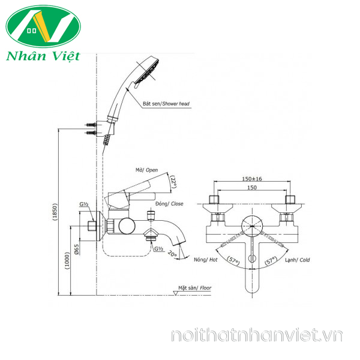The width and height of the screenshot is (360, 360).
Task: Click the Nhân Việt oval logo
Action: tap(43, 26)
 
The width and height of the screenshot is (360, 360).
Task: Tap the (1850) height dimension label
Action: tap(55, 212)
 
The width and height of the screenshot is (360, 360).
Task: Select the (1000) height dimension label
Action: tap(67, 260)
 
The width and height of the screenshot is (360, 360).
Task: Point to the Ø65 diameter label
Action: tap(77, 249)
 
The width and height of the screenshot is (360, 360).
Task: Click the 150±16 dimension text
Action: tap(252, 179)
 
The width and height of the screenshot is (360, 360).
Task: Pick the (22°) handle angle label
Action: tap(173, 182)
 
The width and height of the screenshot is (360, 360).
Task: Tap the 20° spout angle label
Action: tap(172, 254)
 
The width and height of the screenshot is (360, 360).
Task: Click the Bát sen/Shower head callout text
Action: tap(166, 104)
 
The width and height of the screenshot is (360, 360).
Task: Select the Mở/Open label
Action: tap(147, 170)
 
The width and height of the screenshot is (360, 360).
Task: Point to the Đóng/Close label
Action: tap(169, 203)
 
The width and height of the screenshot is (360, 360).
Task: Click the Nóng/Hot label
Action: tap(205, 260)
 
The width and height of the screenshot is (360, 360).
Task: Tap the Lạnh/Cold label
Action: tap(298, 260)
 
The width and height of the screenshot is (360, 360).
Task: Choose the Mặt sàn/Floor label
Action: tap(195, 287)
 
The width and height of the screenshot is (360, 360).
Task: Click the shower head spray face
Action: tap(147, 72)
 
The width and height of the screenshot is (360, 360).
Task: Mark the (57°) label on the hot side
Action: tap(233, 261)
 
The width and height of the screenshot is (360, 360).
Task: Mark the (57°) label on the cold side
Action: tap(271, 261)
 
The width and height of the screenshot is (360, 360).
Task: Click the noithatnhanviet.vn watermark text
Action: tap(257, 335)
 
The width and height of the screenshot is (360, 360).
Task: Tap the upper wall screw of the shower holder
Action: tap(91, 125)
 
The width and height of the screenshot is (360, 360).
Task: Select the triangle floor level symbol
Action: tap(176, 293)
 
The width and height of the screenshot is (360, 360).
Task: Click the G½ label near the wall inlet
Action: tap(84, 204)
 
